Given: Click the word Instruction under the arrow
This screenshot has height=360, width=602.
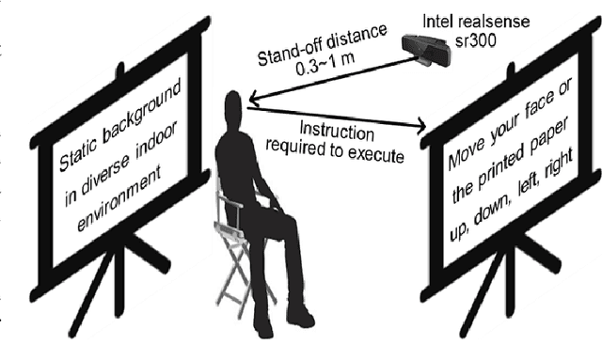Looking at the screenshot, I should [330, 128].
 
